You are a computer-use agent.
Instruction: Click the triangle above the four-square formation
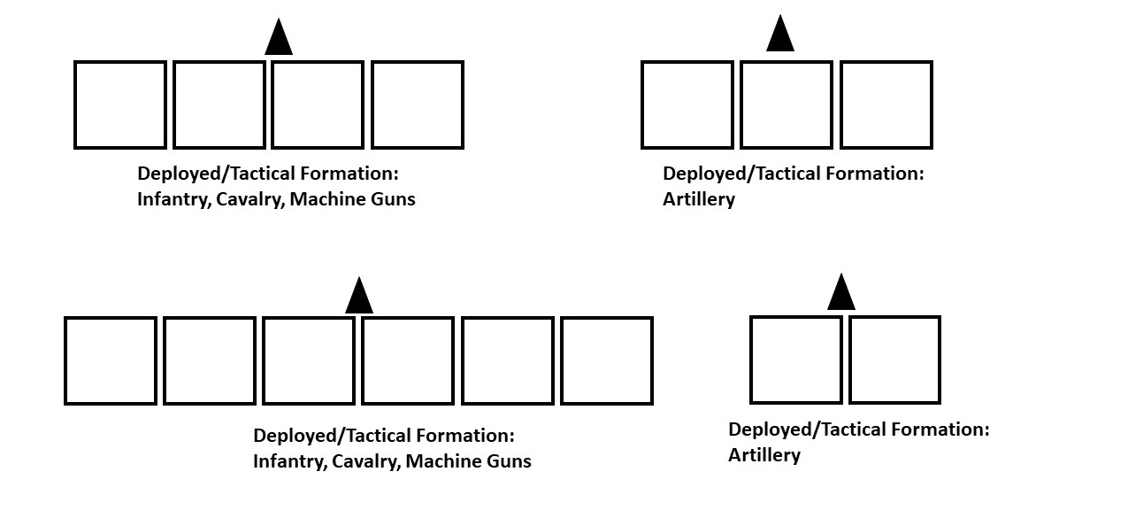coord(279,39)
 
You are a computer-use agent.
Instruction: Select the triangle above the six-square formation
coord(358,297)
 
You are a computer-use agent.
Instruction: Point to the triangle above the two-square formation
coord(840,293)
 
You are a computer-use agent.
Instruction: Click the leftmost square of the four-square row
coord(120,104)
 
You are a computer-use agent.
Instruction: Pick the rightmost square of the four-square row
coord(417,104)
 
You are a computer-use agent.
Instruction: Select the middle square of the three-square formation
coord(787,104)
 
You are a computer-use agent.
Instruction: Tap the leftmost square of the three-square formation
coord(687,104)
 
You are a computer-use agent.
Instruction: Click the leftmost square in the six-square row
coord(111,360)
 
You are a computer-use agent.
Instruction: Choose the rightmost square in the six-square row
coord(607,360)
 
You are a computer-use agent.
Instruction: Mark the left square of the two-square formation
coord(796,360)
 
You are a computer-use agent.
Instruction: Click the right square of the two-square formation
coord(894,360)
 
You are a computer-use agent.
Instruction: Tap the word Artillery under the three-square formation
coord(699,199)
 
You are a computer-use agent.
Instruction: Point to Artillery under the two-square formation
coord(764,455)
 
